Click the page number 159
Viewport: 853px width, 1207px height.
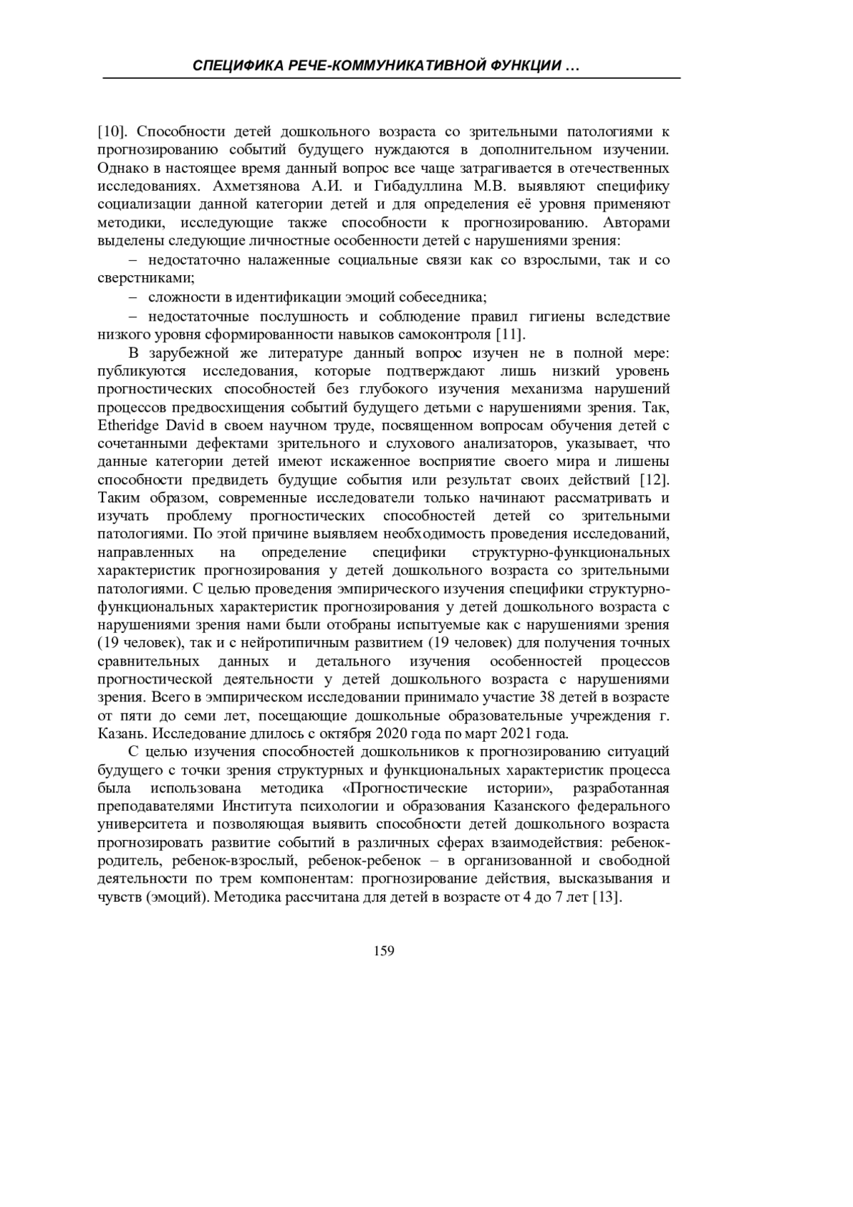point(383,951)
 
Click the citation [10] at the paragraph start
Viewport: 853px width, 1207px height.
point(112,132)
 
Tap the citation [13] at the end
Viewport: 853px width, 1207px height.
point(607,897)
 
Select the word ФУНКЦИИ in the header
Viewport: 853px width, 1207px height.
point(525,66)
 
